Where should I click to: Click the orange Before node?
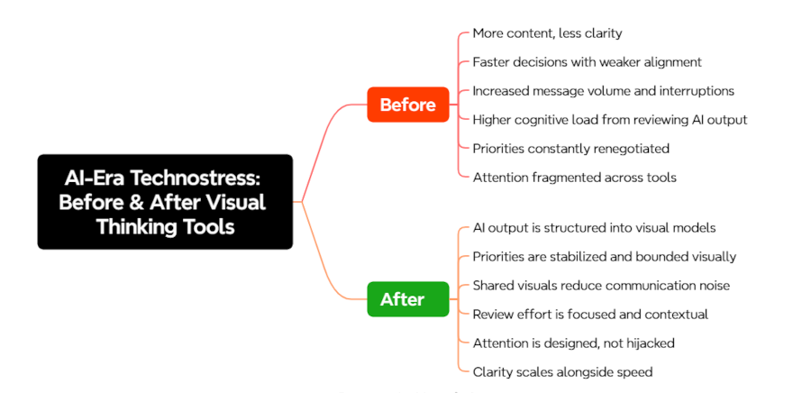[x=407, y=105]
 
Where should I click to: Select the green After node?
[x=402, y=299]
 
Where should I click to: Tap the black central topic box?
[x=164, y=202]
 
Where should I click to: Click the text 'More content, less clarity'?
[x=547, y=33]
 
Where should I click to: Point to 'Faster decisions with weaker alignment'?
[x=587, y=62]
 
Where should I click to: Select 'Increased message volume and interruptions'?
[x=603, y=90]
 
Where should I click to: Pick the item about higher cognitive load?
[x=609, y=119]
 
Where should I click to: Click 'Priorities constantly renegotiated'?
[x=570, y=148]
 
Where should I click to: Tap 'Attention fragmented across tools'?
[x=574, y=177]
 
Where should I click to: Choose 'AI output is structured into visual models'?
[x=594, y=228]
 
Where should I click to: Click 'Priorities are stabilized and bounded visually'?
[x=604, y=257]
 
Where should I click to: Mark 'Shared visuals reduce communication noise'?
[x=601, y=286]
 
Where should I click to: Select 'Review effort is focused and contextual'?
[x=590, y=314]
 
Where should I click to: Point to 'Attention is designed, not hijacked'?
[x=573, y=343]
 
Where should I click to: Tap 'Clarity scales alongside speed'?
[x=562, y=371]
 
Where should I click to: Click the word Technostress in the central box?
[x=212, y=178]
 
